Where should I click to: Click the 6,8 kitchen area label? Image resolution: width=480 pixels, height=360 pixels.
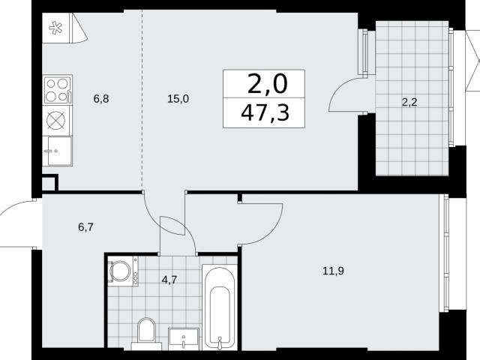(x=101, y=99)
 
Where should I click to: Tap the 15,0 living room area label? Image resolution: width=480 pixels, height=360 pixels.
(x=178, y=99)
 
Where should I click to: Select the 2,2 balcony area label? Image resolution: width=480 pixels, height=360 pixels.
(x=409, y=102)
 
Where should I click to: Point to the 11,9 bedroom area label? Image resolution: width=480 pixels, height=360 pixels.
(x=333, y=271)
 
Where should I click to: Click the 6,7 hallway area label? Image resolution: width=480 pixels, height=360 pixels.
(x=86, y=227)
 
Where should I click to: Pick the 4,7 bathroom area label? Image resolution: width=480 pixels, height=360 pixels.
(x=169, y=280)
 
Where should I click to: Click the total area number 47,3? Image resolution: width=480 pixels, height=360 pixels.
(x=265, y=112)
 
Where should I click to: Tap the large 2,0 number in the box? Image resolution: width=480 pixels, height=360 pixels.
(x=268, y=84)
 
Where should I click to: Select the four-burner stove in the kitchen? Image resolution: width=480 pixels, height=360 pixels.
(x=58, y=89)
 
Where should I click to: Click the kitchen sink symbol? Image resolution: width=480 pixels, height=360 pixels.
(x=58, y=151)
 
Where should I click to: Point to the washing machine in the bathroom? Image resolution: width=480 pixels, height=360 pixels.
(x=123, y=271)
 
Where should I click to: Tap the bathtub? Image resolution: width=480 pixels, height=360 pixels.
(x=220, y=307)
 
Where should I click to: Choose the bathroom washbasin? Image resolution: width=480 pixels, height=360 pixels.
(x=183, y=338)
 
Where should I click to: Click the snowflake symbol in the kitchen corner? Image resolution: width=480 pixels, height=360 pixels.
(x=56, y=28)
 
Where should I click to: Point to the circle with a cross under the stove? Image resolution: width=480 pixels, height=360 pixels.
(x=56, y=120)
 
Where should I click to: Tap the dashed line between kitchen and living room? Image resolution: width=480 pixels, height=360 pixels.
(x=142, y=100)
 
